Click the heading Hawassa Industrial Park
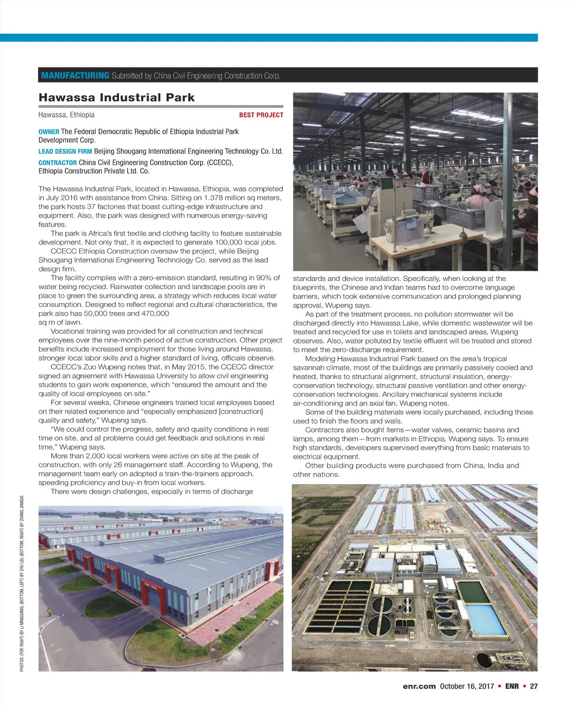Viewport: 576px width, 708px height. tap(117, 98)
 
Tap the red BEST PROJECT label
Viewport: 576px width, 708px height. tap(261, 115)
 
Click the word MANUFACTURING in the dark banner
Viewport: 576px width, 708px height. tap(75, 75)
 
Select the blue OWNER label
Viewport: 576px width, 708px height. tap(49, 132)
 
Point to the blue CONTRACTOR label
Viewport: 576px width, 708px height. tap(58, 163)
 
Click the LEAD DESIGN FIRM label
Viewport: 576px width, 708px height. tap(65, 151)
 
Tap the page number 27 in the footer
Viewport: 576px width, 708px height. tap(533, 686)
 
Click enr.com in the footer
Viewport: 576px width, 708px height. tap(419, 686)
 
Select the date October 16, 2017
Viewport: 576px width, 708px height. tap(467, 686)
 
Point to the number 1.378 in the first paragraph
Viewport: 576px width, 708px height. tap(213, 198)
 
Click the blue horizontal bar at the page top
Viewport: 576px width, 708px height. tap(269, 37)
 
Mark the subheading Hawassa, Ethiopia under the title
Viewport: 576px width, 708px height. tap(67, 115)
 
